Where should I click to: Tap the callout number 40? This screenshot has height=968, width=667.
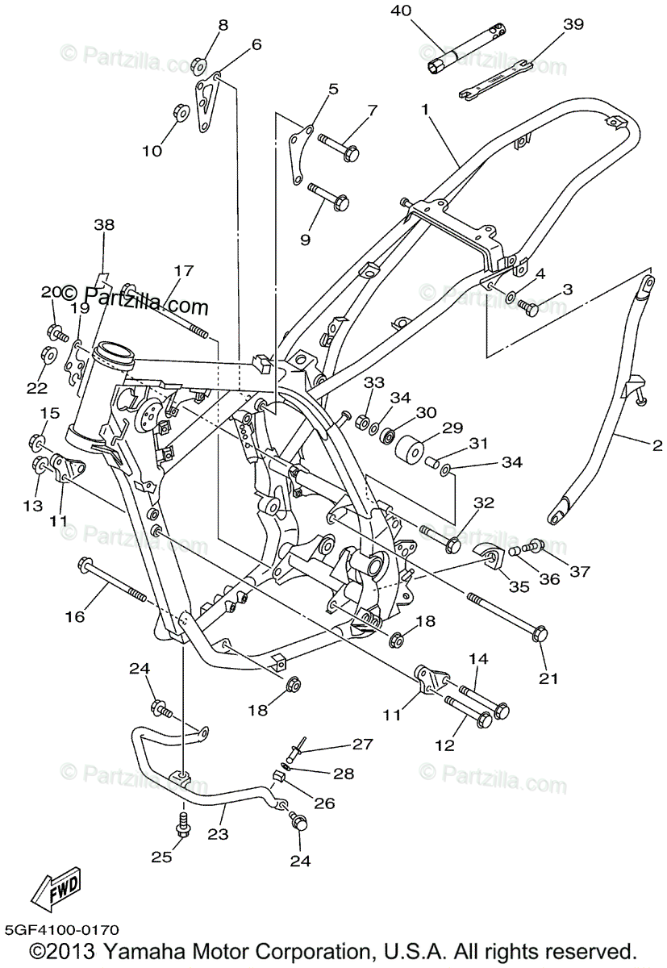pos(401,10)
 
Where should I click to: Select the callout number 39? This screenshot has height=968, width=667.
pos(573,24)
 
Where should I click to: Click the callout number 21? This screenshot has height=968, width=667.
pos(548,678)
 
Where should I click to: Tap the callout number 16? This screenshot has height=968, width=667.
pos(75,617)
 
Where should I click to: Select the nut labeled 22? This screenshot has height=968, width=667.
pos(48,355)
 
